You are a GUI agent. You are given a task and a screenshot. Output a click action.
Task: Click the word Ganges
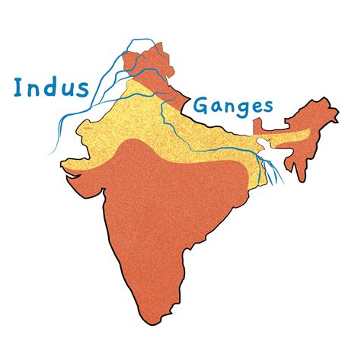(x=232, y=107)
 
